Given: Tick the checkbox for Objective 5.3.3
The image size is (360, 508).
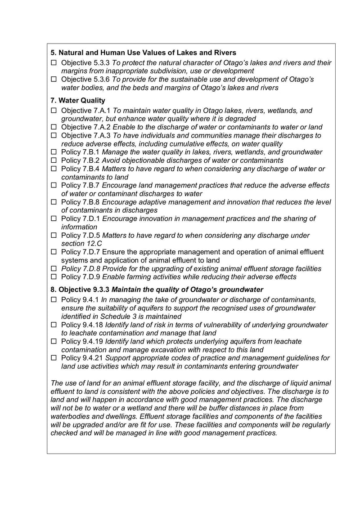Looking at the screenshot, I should [54, 63].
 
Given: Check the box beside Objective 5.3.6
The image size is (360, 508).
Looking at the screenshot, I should [54, 80].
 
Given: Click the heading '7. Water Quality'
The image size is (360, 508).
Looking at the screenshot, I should [78, 100].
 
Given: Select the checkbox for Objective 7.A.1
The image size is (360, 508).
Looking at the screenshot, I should [54, 111].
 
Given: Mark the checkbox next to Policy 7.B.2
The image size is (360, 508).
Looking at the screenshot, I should [54, 160].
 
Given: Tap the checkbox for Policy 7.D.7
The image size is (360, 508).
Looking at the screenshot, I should [54, 252].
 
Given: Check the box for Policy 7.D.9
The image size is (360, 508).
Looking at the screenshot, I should [54, 277].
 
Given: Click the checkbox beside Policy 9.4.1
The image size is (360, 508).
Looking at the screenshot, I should [54, 300].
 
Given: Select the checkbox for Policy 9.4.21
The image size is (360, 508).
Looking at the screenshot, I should [54, 358].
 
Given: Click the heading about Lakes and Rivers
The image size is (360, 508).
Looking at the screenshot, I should [143, 53].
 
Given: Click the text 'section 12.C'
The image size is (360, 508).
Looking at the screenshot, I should [81, 244].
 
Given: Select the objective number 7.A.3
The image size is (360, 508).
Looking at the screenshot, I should [102, 135].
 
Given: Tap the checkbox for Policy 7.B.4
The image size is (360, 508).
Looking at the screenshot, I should [54, 169].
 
